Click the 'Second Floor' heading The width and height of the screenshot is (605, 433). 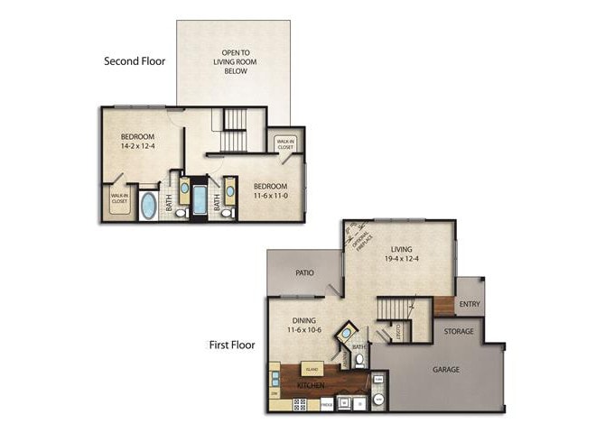(135, 61)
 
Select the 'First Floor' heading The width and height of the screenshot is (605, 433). (231, 345)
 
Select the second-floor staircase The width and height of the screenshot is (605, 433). (234, 131)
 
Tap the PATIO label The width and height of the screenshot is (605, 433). (302, 272)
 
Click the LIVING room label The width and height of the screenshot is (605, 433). (402, 250)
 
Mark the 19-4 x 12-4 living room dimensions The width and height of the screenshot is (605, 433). (402, 261)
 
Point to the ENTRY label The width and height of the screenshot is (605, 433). (470, 305)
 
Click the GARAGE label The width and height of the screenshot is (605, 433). (447, 369)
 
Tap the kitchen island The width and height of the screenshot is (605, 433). (312, 369)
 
